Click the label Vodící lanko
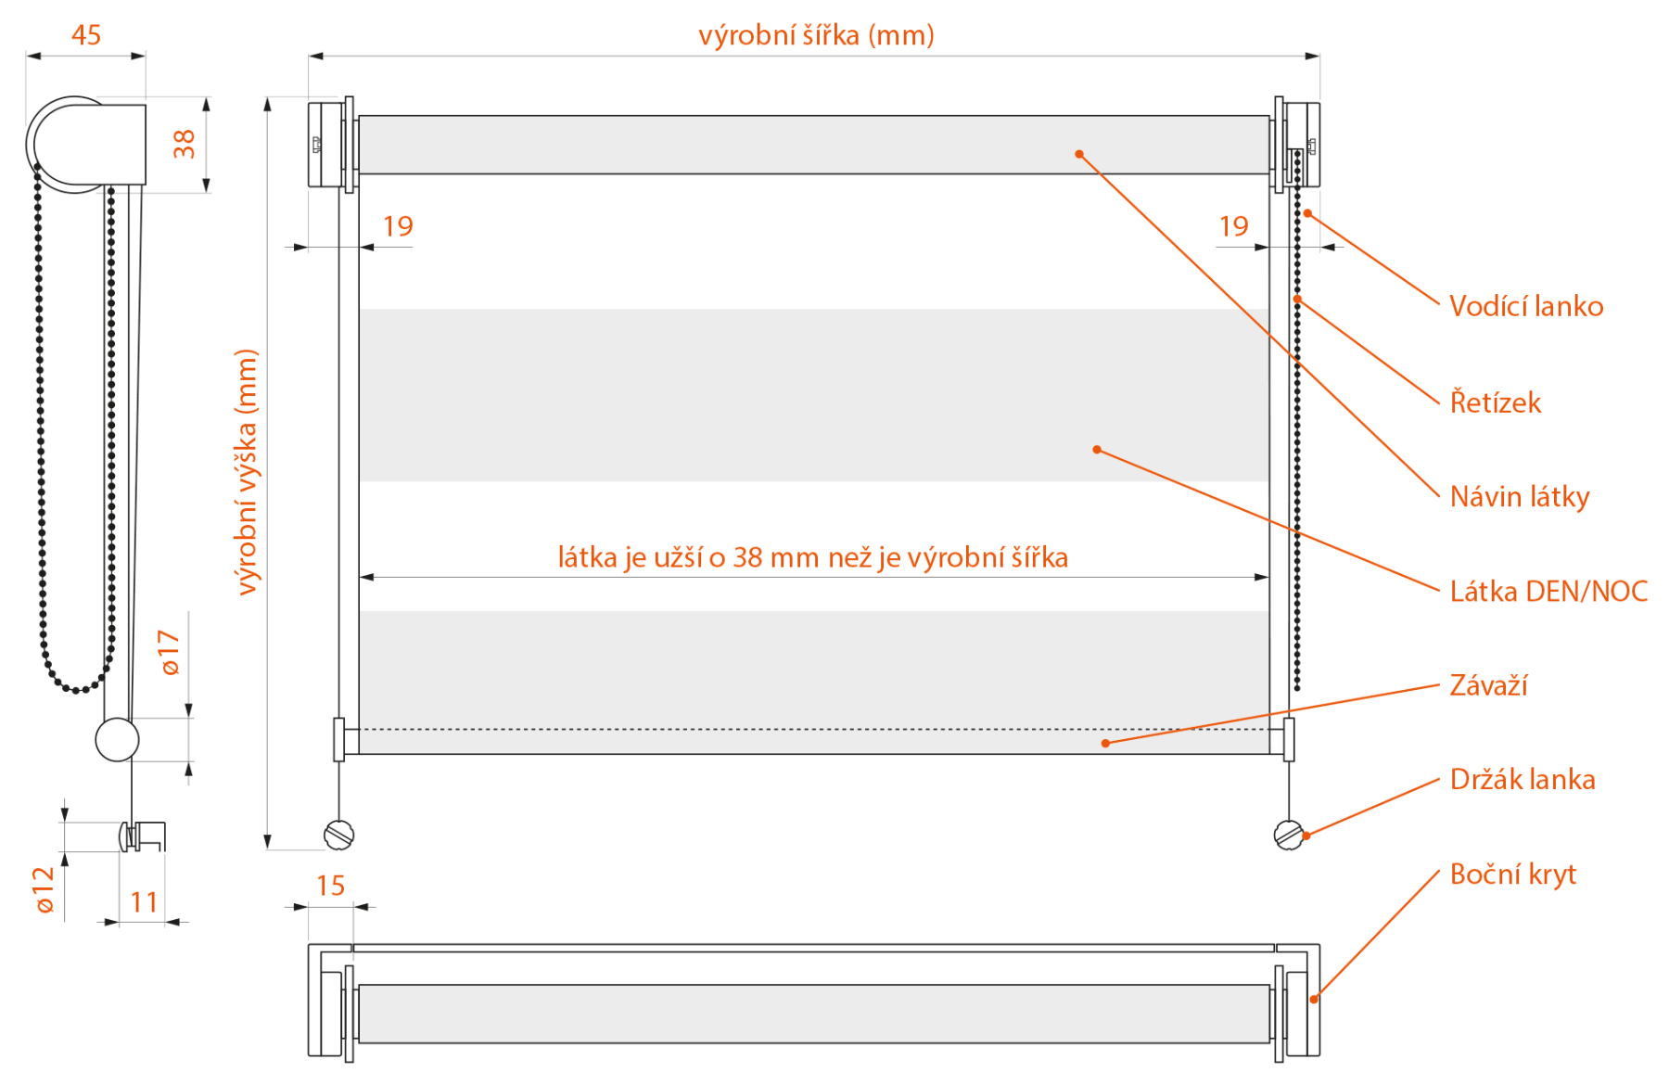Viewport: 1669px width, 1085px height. pyautogui.click(x=1526, y=306)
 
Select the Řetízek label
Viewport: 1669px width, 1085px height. pyautogui.click(x=1496, y=402)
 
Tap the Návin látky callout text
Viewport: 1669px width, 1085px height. pyautogui.click(x=1520, y=497)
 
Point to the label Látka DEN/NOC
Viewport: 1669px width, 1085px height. pyautogui.click(x=1548, y=591)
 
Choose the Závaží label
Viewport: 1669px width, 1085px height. pyautogui.click(x=1488, y=685)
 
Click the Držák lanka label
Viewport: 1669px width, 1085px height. pyautogui.click(x=1522, y=779)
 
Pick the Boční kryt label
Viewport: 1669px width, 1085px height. pyautogui.click(x=1513, y=874)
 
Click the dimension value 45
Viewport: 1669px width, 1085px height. pyautogui.click(x=86, y=35)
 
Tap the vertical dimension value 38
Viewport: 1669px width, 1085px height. pyautogui.click(x=184, y=144)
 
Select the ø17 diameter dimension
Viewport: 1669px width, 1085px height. pyautogui.click(x=169, y=652)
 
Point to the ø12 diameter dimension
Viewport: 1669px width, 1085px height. pyautogui.click(x=44, y=889)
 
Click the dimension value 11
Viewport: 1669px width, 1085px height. pyautogui.click(x=144, y=902)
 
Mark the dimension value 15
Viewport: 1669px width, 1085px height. pyautogui.click(x=330, y=886)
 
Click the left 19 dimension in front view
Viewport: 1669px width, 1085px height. pyautogui.click(x=398, y=226)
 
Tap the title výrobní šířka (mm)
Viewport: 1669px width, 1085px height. pyautogui.click(x=816, y=35)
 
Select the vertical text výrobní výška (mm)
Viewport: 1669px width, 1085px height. pyautogui.click(x=246, y=472)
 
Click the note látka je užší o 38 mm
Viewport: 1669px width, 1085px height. pyautogui.click(x=687, y=557)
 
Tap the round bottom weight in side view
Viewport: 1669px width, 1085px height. pyautogui.click(x=118, y=740)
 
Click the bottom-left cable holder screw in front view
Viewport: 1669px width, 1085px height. pyautogui.click(x=339, y=835)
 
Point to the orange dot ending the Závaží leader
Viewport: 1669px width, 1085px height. pyautogui.click(x=1105, y=743)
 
